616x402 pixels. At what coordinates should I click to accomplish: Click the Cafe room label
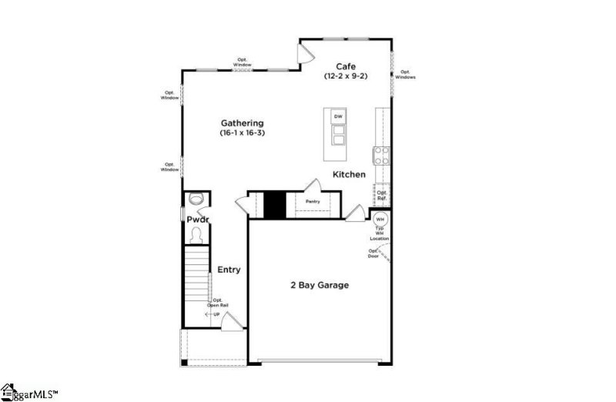point(344,66)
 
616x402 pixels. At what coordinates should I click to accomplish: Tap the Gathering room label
point(243,123)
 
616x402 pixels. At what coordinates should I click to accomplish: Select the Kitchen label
point(349,175)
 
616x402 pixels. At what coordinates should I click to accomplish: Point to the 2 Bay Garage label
point(319,285)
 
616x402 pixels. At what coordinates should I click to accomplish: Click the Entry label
point(229,270)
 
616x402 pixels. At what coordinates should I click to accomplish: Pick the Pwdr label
point(198,219)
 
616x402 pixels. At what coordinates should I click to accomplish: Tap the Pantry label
point(312,202)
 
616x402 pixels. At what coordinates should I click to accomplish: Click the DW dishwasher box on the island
point(337,116)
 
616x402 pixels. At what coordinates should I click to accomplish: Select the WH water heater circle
point(380,219)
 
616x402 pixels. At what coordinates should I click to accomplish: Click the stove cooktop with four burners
point(380,156)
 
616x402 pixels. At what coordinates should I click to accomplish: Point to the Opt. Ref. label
point(381,196)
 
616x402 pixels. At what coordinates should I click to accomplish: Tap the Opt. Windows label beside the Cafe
point(405,75)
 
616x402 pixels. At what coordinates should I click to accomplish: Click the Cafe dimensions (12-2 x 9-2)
point(344,77)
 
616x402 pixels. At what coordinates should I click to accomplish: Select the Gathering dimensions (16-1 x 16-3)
point(243,134)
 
